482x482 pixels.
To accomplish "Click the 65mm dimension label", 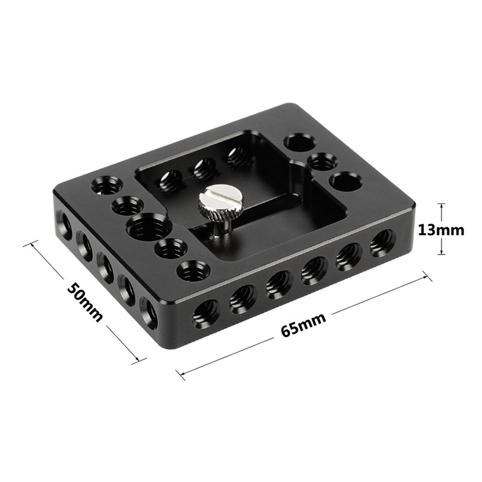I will click(x=303, y=325).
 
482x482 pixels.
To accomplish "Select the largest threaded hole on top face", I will click(x=148, y=227).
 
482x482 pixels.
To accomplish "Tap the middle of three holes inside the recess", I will click(x=205, y=169).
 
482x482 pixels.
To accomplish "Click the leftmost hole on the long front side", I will click(x=205, y=313).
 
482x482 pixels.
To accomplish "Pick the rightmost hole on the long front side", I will click(x=382, y=242).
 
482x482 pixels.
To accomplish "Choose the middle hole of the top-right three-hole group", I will click(x=322, y=161).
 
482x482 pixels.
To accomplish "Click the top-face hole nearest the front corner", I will click(x=193, y=270).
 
